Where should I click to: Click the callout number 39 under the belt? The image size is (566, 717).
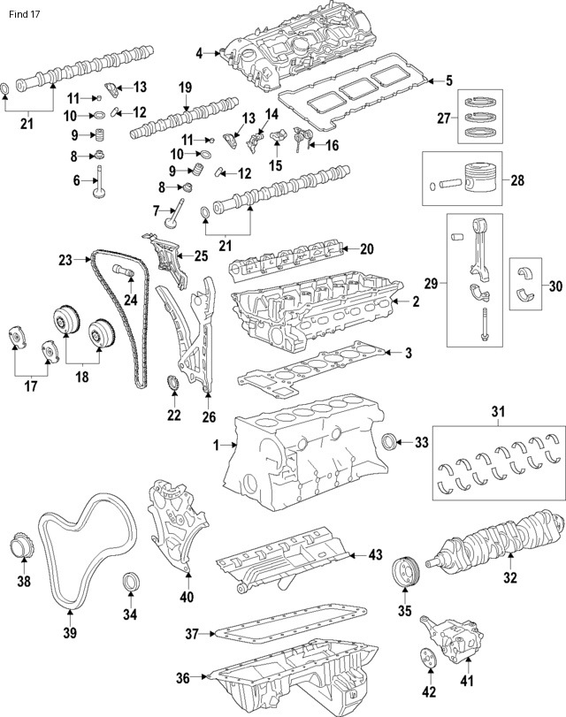[x=69, y=633]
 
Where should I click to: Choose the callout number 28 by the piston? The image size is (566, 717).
[x=517, y=179]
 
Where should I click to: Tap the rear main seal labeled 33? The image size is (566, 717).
[x=389, y=441]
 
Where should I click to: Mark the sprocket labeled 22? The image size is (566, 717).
[x=173, y=385]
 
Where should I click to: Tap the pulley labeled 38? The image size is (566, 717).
[x=24, y=546]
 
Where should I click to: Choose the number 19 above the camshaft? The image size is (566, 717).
[x=185, y=87]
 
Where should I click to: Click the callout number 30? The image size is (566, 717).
[x=555, y=285]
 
